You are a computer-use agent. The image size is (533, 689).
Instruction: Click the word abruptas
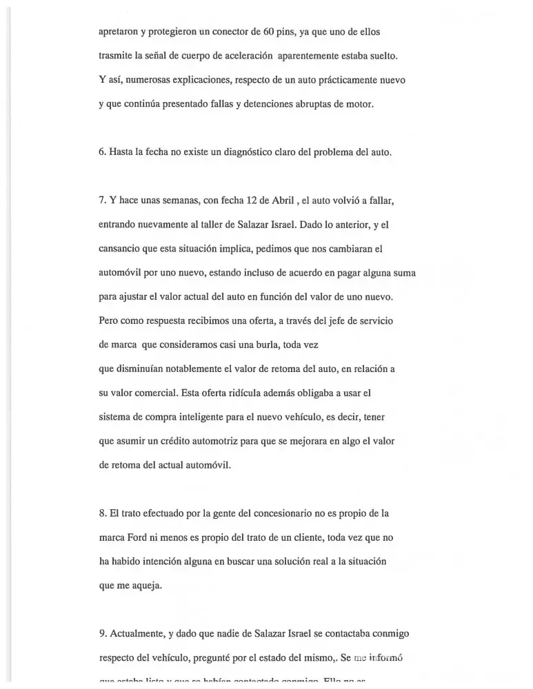click(309, 104)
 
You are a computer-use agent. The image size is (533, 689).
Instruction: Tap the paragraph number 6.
click(102, 152)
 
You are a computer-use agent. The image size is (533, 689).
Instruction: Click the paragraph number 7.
click(102, 200)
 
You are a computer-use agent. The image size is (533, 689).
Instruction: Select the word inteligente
click(205, 417)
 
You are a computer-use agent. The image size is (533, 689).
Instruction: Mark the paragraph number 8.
click(102, 513)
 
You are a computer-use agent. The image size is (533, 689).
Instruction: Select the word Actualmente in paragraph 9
click(139, 633)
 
